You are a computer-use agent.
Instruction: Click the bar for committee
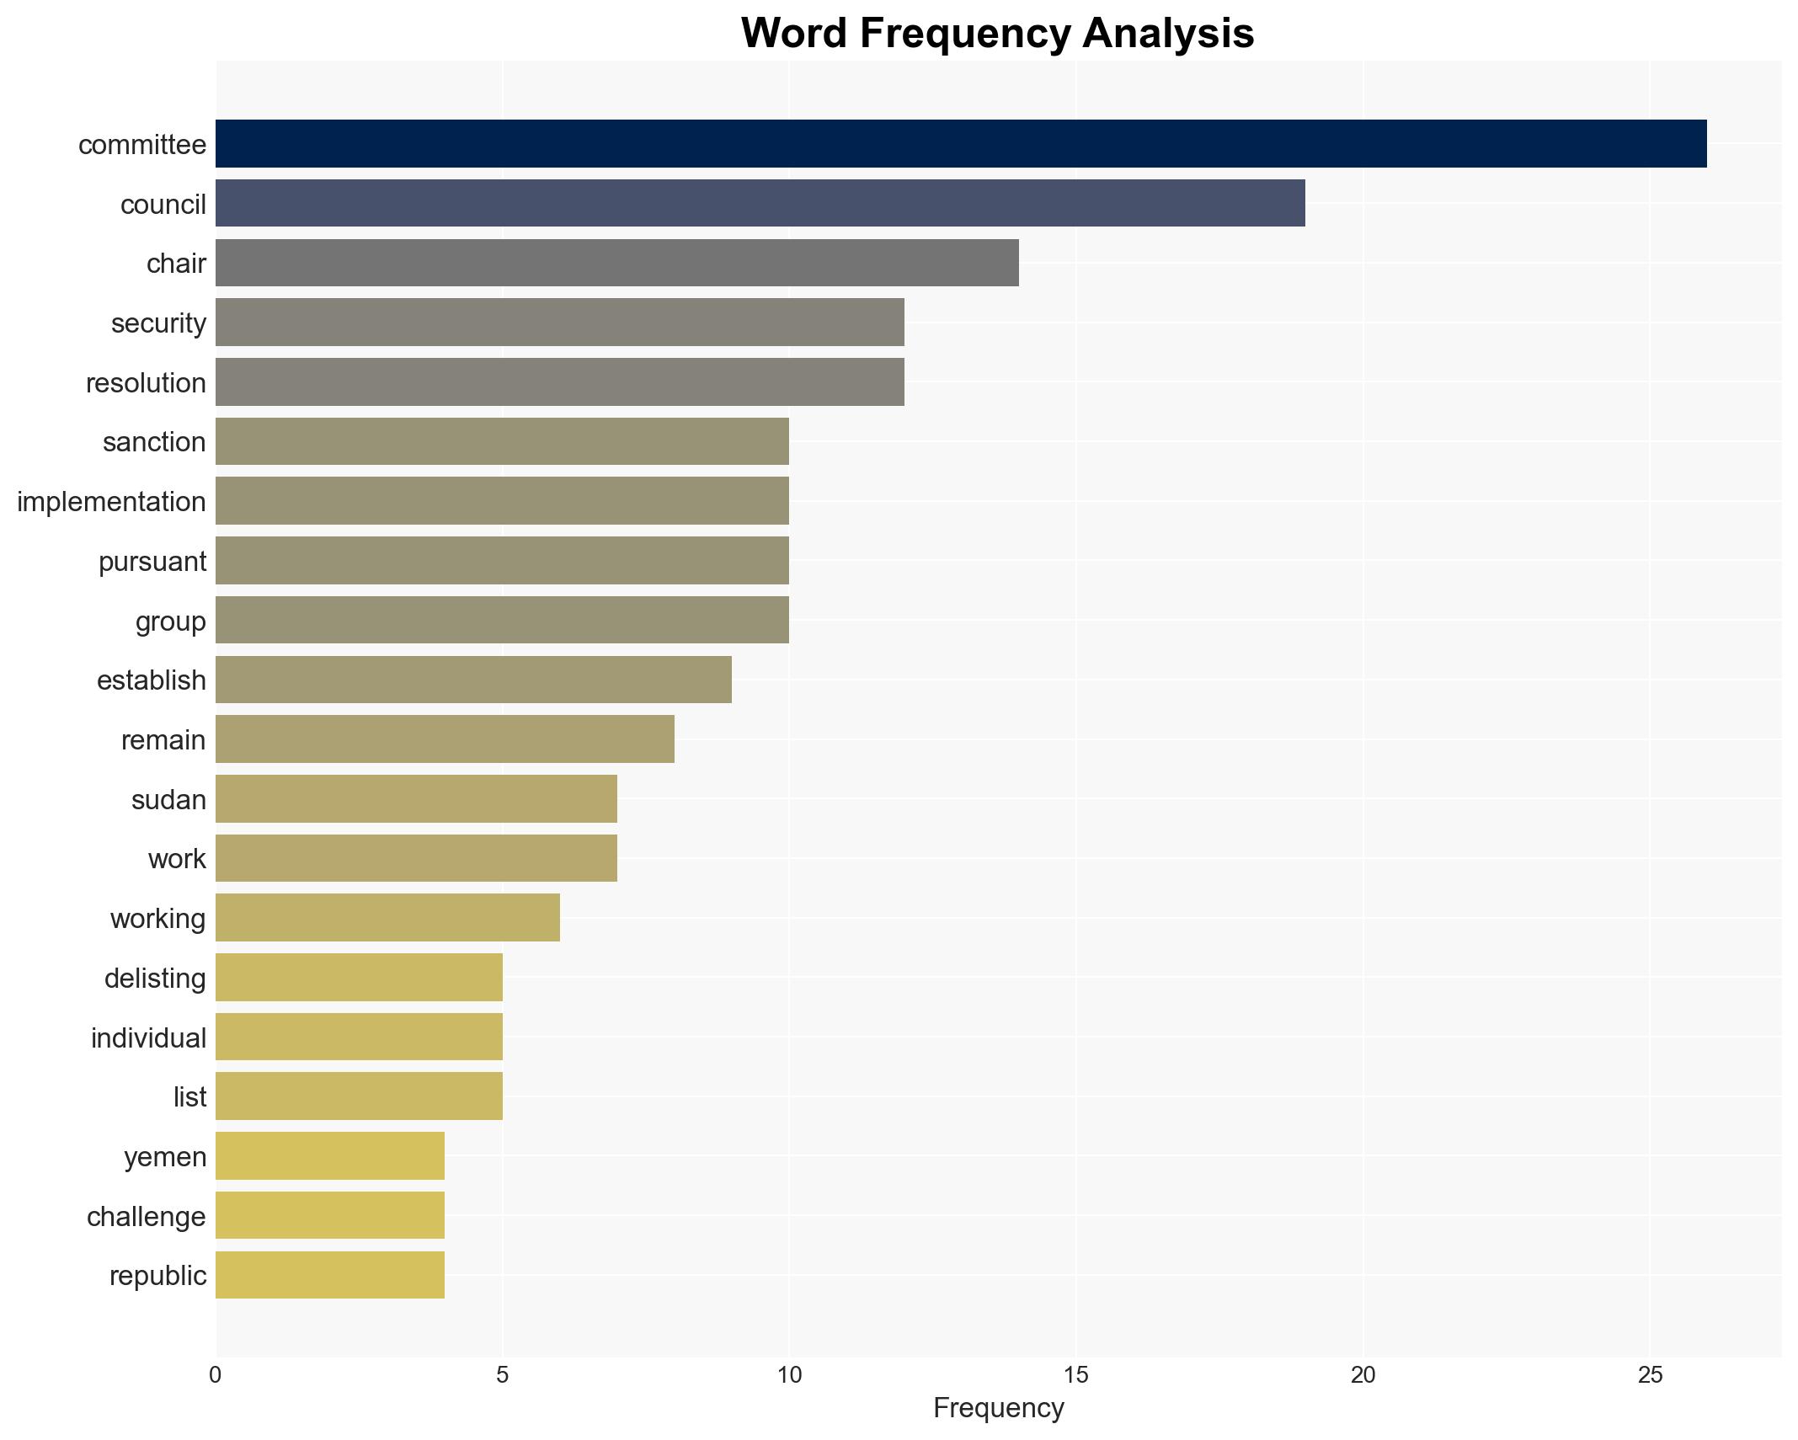960,144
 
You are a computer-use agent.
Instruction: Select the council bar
760,203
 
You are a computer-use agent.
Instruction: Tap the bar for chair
616,263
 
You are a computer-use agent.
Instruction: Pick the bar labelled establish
473,680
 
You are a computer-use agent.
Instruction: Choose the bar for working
387,918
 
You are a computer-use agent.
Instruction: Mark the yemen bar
330,1156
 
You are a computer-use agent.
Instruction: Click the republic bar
330,1275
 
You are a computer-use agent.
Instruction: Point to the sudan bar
416,798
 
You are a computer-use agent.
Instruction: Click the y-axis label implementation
111,502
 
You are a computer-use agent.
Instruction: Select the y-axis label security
158,323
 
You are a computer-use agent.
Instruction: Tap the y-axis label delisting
155,979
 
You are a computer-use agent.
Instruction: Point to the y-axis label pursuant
152,562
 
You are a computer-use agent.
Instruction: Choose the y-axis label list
189,1097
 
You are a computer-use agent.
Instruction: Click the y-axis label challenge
147,1217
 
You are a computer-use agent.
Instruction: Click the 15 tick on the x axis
1075,1375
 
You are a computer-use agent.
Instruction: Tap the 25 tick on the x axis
1649,1375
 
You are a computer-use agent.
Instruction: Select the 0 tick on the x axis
216,1375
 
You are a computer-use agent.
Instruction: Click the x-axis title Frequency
998,1408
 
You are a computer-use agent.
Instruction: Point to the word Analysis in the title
1168,34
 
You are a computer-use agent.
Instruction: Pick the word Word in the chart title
793,34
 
